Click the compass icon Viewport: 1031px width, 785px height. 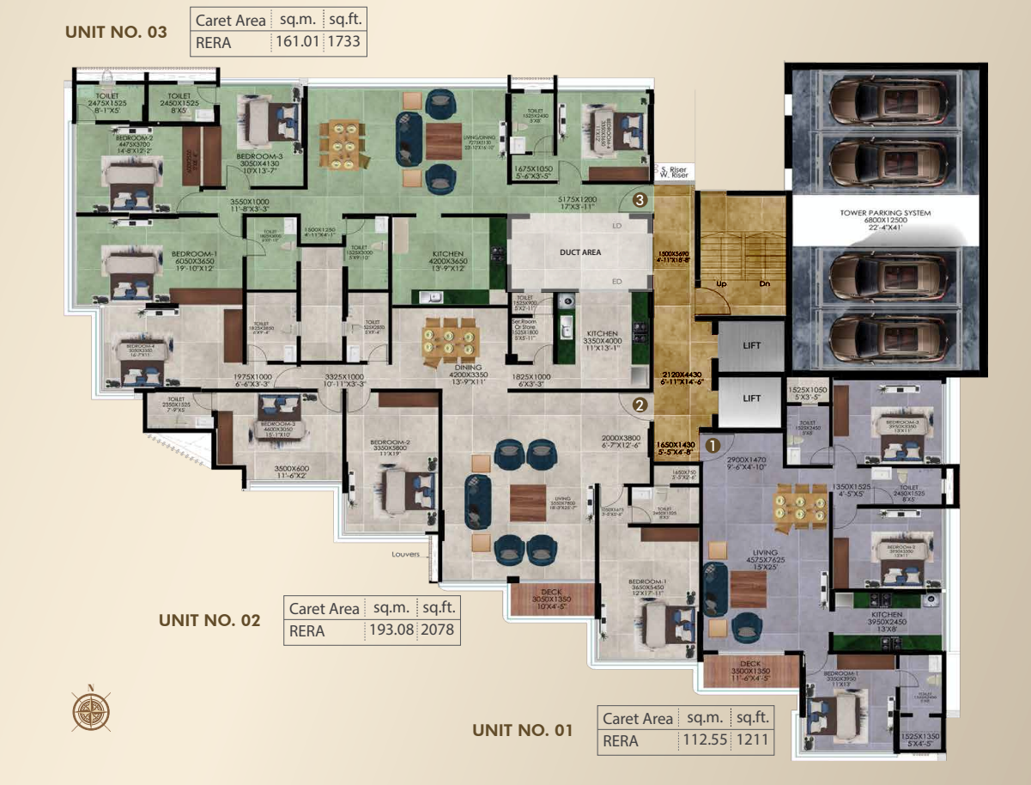[x=89, y=709]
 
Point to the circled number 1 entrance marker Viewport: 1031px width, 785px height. [x=713, y=445]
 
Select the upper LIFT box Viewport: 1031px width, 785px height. [x=751, y=345]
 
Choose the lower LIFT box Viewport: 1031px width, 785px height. [x=751, y=399]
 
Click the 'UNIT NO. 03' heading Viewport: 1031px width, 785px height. [x=116, y=33]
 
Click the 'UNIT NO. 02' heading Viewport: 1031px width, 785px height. [x=209, y=620]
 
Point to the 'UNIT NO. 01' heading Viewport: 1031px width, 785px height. [x=522, y=730]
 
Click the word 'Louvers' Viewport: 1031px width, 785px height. [x=406, y=554]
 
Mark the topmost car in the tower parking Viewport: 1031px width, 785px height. [x=886, y=100]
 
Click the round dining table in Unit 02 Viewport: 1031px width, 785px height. [x=450, y=339]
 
